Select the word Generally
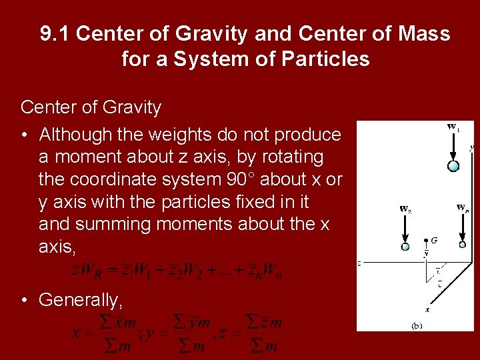point(81,300)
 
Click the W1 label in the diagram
point(453,127)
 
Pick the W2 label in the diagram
point(405,208)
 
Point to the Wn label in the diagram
point(462,207)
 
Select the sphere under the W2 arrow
point(405,247)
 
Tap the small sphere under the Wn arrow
point(463,244)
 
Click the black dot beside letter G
point(427,239)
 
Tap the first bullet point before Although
point(24,135)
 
